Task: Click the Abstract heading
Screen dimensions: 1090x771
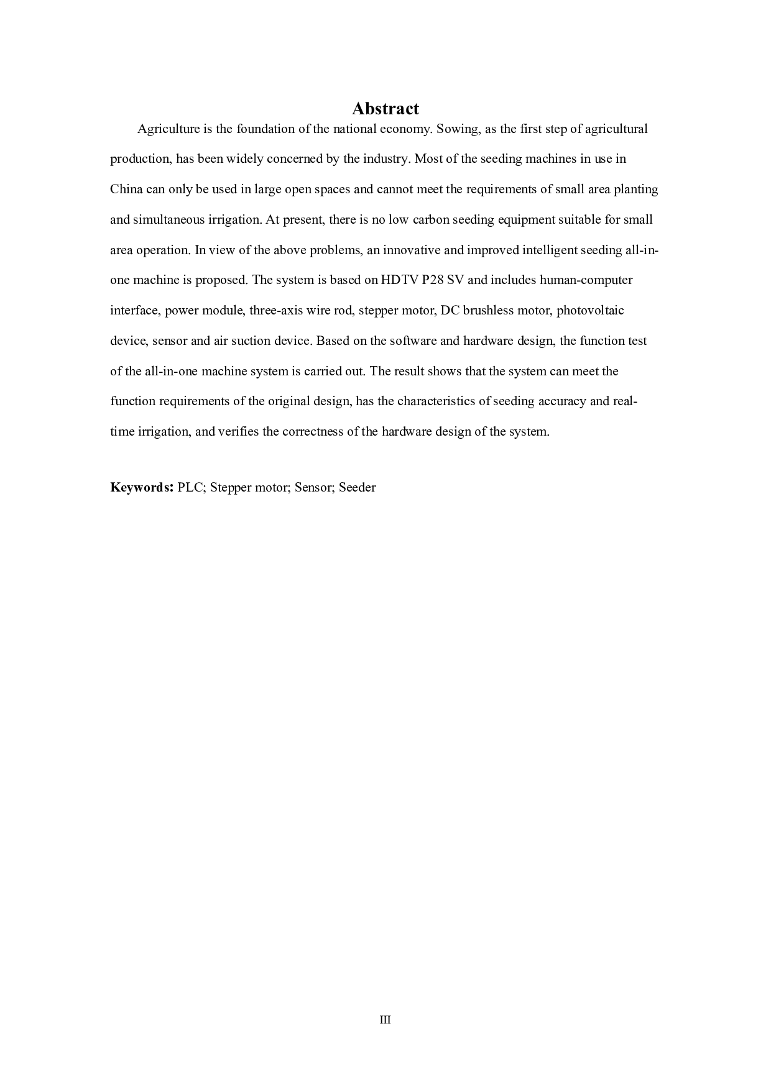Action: click(x=386, y=109)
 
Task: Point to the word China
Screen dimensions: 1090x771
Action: click(x=126, y=189)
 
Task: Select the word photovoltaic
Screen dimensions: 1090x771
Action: click(x=590, y=310)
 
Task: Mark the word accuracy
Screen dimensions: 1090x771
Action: click(x=562, y=401)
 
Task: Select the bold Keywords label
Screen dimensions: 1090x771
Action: click(x=141, y=487)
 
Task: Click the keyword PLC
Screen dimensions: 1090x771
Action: click(x=191, y=487)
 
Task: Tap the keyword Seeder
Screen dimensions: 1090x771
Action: click(x=358, y=487)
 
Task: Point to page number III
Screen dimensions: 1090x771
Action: click(x=385, y=1020)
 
